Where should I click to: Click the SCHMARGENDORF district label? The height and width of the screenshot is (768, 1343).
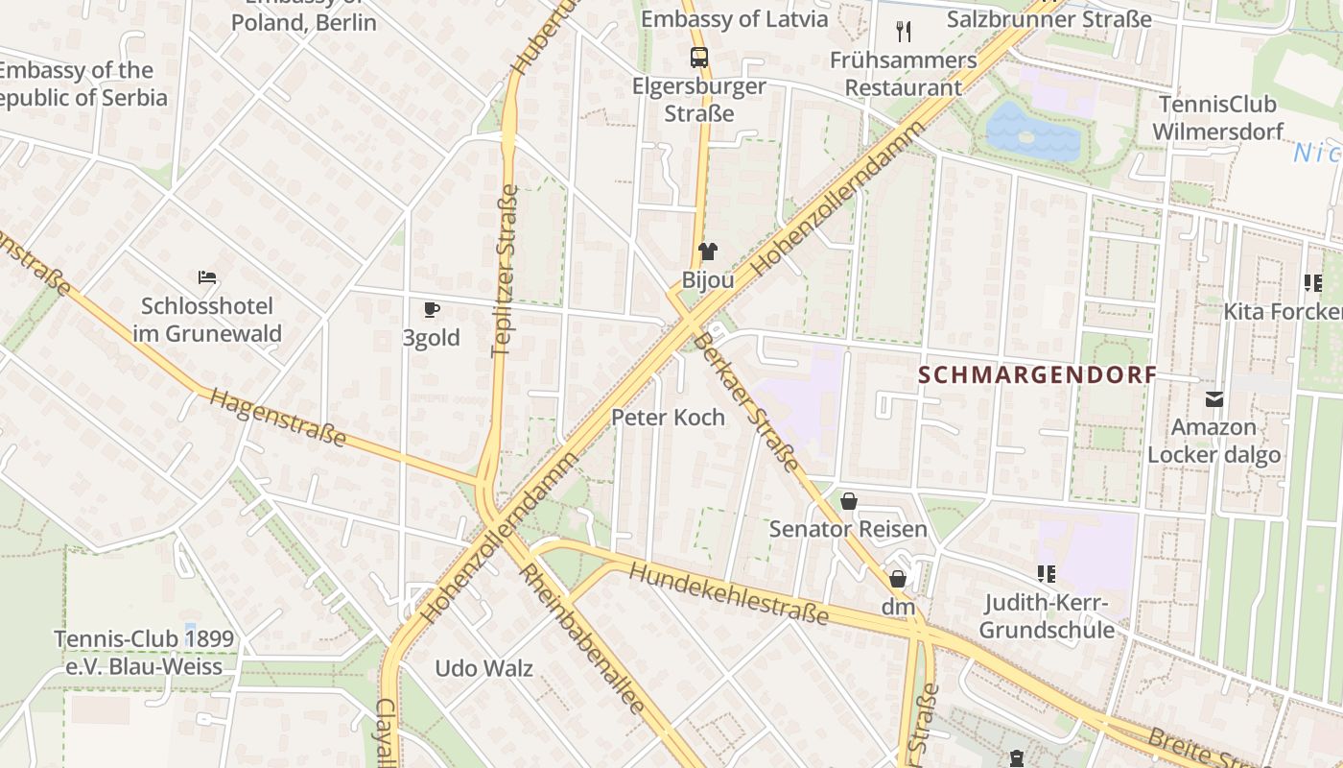(x=1037, y=374)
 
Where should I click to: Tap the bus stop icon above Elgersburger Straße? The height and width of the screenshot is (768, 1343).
(x=699, y=57)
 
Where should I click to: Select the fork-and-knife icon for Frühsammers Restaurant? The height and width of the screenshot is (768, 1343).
(x=904, y=32)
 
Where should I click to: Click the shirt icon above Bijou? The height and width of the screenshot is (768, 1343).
(x=708, y=252)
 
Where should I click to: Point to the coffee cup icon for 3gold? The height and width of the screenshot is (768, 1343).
(x=432, y=309)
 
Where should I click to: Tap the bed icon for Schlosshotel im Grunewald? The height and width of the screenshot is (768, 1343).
(x=207, y=277)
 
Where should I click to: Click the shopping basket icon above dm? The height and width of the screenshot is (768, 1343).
(x=898, y=579)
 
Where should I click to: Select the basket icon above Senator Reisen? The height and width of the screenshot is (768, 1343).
(x=848, y=500)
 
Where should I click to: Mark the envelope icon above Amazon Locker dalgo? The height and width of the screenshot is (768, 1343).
(x=1214, y=398)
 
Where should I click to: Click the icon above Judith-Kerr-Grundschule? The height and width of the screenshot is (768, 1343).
(x=1047, y=574)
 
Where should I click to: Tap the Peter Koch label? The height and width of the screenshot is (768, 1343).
(x=668, y=417)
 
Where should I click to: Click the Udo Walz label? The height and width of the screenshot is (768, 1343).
(x=483, y=668)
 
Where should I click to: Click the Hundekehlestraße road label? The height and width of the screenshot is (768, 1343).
(x=728, y=593)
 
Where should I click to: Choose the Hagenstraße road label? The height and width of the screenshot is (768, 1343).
(x=277, y=418)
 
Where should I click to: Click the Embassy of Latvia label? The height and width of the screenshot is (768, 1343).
(x=734, y=19)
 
